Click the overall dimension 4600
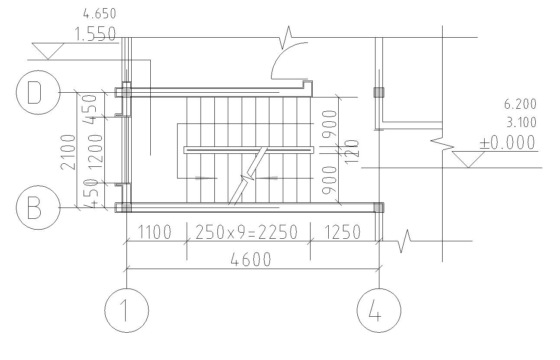pos(251,259)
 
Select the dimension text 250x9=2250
pos(246,232)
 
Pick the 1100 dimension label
pos(155,232)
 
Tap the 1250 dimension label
pos(343,232)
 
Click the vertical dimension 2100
pos(68,152)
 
